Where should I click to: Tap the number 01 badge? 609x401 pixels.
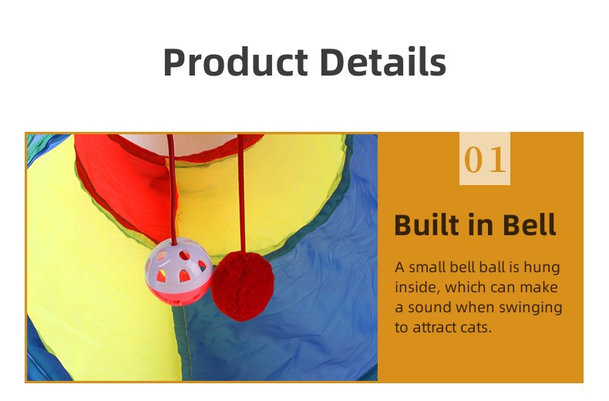pos(485,159)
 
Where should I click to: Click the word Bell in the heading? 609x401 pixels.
pos(528,225)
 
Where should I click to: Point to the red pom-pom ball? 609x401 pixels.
pos(242,285)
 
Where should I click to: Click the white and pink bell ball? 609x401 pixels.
pos(179,271)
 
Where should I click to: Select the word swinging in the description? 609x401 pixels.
pos(531,308)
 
